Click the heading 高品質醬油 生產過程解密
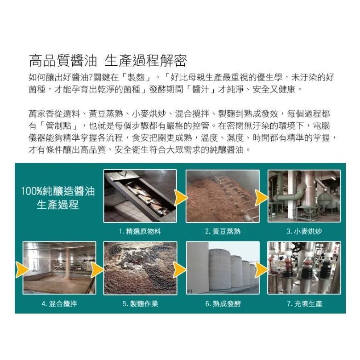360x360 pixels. (x=108, y=61)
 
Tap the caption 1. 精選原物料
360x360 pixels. (x=140, y=231)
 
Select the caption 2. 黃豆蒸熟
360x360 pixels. (x=223, y=231)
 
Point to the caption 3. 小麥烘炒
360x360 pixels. (x=304, y=231)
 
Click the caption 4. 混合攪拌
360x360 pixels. (x=59, y=304)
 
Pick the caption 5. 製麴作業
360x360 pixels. (x=140, y=304)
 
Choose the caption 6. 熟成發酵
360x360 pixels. (x=223, y=304)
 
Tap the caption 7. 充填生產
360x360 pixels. (x=305, y=304)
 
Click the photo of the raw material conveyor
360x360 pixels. (x=140, y=196)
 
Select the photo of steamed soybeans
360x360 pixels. (x=223, y=196)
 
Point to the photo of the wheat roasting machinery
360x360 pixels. (x=304, y=196)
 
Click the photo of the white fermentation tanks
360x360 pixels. (x=223, y=268)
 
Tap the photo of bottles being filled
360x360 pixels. (x=304, y=268)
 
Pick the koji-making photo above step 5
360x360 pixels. (x=140, y=268)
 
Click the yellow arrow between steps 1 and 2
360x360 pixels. (x=180, y=198)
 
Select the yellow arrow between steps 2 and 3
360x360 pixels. (x=261, y=198)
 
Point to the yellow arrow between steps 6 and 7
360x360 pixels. (x=261, y=269)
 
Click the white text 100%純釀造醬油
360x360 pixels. (x=58, y=191)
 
